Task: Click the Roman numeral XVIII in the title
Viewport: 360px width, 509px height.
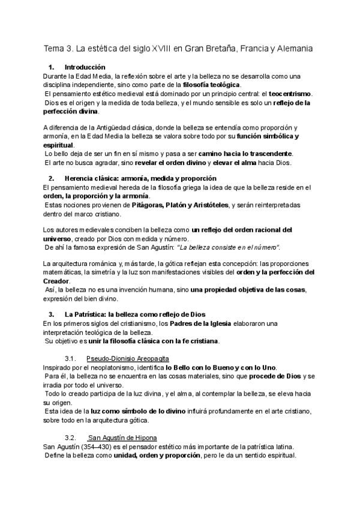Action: coord(158,48)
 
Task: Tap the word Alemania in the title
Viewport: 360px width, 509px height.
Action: coord(293,48)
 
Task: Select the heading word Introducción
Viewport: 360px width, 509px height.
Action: coord(85,67)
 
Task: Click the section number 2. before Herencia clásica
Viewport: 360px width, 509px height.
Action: coord(51,178)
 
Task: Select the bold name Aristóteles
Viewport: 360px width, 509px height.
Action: coord(208,205)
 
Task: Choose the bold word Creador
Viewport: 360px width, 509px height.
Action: coord(56,280)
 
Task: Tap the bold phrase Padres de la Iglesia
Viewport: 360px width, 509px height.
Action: coord(205,324)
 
